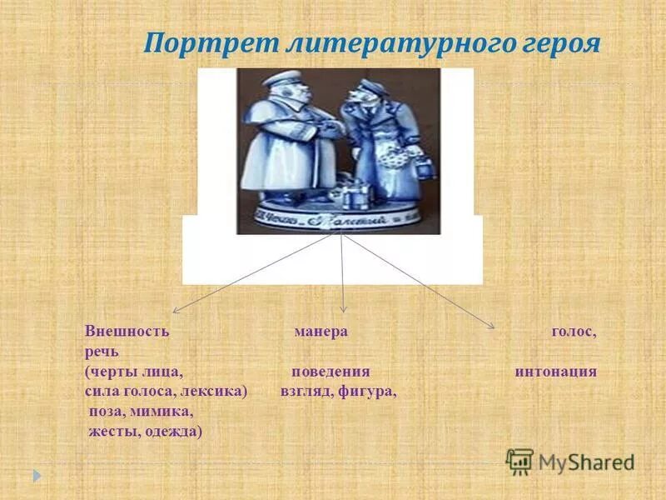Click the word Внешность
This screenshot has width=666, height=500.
point(127,331)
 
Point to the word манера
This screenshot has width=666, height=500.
point(321,331)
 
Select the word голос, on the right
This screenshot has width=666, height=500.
point(574,331)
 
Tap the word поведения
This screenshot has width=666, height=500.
point(331,372)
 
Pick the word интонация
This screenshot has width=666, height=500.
point(555,372)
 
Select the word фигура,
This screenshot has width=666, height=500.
point(367,391)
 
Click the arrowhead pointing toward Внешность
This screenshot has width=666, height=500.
point(176,311)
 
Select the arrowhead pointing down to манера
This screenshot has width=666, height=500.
point(345,311)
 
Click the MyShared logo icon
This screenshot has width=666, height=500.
point(519,461)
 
